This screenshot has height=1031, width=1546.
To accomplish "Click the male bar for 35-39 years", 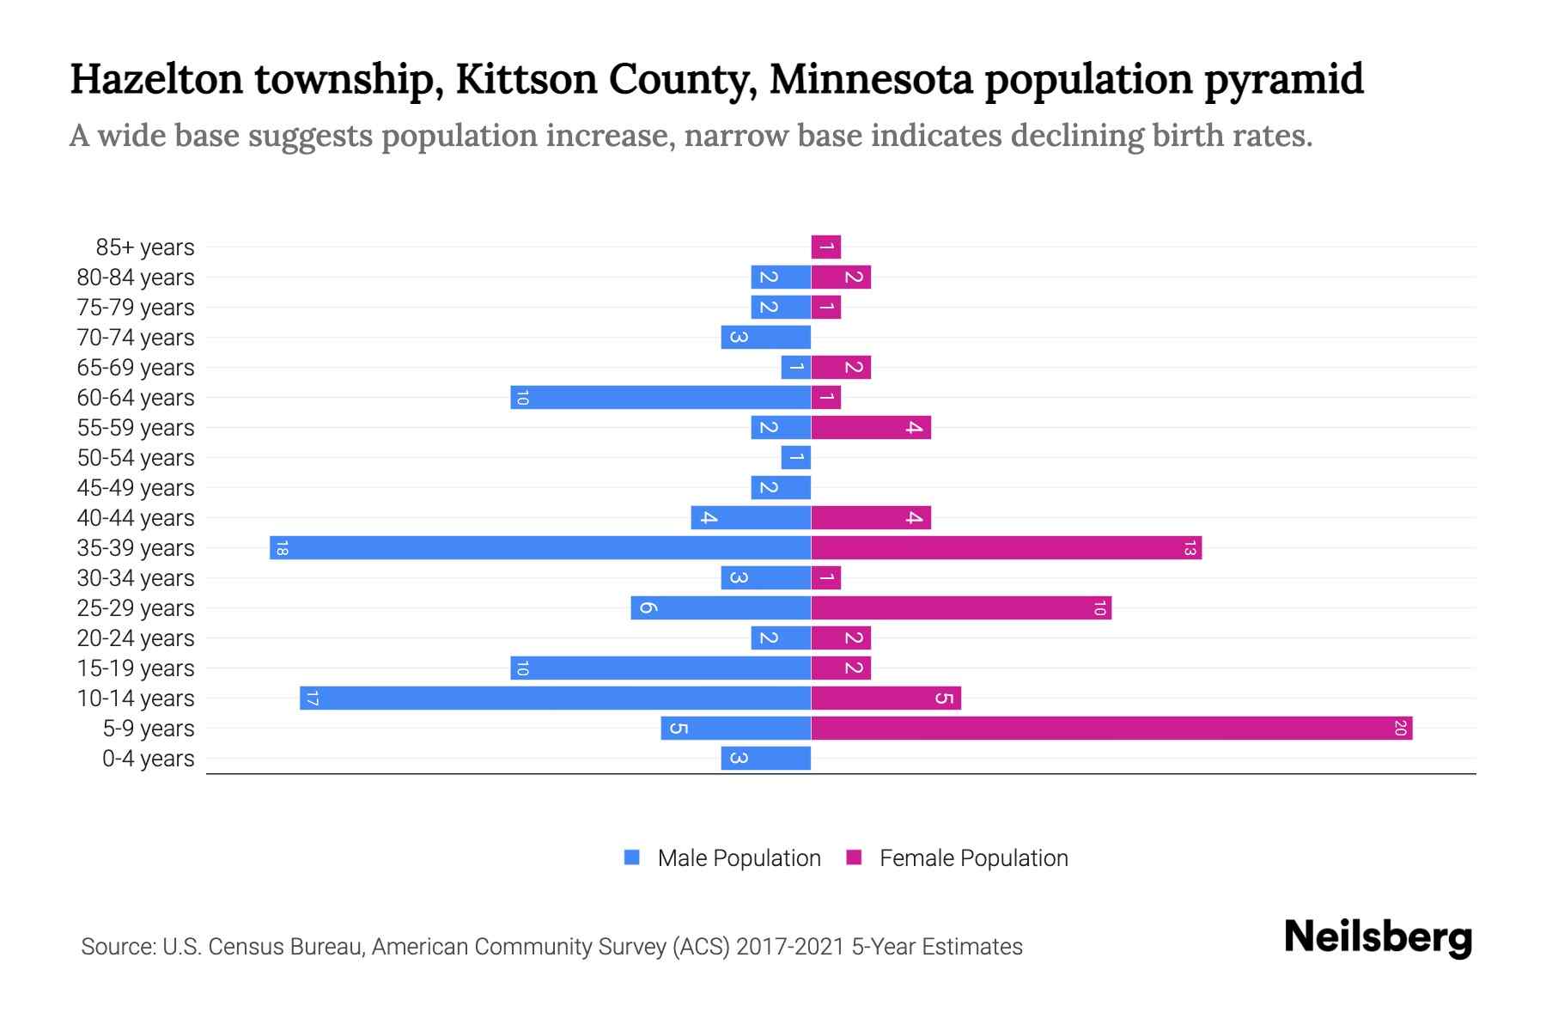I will click(540, 548).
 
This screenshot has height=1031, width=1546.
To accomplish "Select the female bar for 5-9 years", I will click(1111, 729).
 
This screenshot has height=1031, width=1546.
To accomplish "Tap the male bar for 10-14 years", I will click(555, 699).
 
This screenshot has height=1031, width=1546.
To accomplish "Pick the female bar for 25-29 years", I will click(961, 608).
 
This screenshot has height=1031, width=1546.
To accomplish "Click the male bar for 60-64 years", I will click(660, 398).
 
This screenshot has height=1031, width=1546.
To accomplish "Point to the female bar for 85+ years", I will click(826, 247).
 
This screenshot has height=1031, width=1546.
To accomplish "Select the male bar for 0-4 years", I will click(765, 759).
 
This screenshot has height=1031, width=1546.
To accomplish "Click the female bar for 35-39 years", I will click(1006, 548).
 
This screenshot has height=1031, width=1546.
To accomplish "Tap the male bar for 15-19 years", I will click(660, 668).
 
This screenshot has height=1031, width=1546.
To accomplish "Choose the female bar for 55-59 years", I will click(871, 428).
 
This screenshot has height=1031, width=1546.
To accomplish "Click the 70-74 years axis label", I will click(136, 338).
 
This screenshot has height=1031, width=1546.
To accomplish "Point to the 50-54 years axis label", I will click(136, 458).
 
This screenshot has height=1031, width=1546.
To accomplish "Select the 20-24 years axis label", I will click(136, 638).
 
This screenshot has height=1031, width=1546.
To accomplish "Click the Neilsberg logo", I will click(1378, 937).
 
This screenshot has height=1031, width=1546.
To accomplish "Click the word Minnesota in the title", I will click(871, 79).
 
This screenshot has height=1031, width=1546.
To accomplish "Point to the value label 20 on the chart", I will click(1400, 729).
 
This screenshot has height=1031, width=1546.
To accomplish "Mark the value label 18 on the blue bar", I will click(282, 548).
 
